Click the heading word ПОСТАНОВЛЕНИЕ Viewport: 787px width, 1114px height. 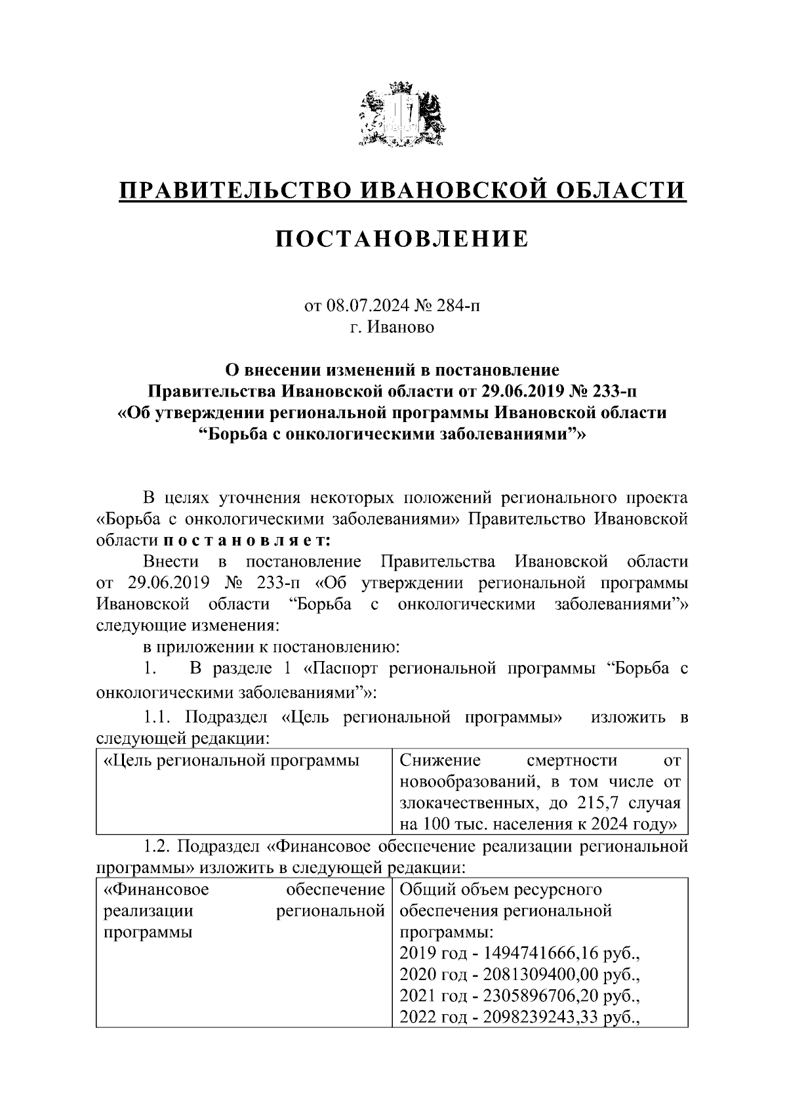click(x=401, y=239)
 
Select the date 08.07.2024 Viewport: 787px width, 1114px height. click(x=363, y=306)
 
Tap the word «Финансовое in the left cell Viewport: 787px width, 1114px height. click(x=157, y=890)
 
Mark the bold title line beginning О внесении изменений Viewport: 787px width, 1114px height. click(x=392, y=370)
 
